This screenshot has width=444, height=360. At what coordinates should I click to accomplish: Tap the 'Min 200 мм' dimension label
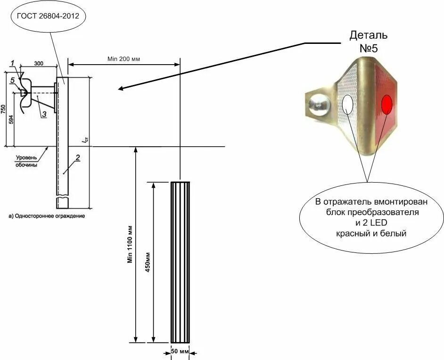[123, 59]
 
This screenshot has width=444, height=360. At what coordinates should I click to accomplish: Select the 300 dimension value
[39, 63]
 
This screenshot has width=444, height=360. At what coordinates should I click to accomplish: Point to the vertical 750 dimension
[3, 109]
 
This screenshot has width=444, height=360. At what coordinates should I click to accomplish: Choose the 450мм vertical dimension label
[148, 262]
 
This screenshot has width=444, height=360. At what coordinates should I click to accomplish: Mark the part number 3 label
[43, 114]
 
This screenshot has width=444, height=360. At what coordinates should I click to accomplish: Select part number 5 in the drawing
[13, 80]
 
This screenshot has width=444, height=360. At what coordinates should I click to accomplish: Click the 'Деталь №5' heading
[369, 41]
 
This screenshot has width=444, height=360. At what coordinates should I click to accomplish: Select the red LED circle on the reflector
[387, 104]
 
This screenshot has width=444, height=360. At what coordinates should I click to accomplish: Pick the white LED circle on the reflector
[348, 104]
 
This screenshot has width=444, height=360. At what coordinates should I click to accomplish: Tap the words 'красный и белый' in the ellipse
[371, 233]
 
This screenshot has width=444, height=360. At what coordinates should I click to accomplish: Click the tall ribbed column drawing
[180, 262]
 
